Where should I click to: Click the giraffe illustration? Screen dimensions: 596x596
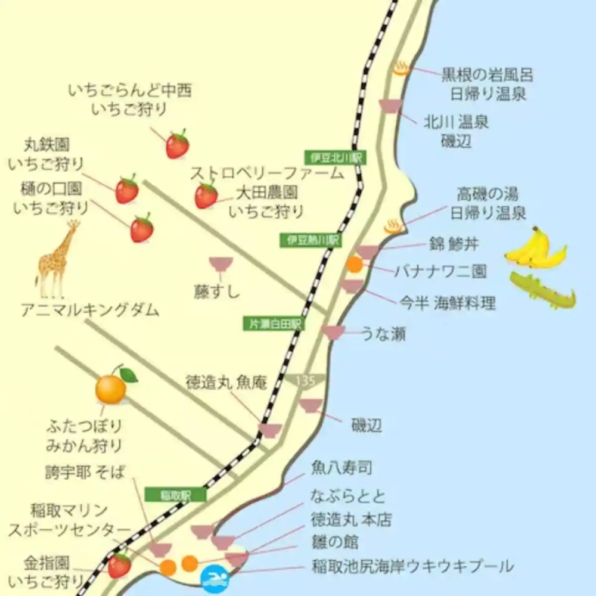point(57,259)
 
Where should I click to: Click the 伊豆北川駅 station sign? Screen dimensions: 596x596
point(336,158)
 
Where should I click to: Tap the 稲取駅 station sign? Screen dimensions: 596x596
point(175,495)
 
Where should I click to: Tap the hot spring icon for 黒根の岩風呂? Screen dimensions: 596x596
point(402,68)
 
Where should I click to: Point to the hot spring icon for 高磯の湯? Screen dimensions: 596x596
point(394,226)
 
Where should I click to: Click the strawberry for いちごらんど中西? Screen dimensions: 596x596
point(177,144)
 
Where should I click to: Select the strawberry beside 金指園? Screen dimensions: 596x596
point(119,565)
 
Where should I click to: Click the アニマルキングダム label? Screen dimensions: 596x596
point(89,311)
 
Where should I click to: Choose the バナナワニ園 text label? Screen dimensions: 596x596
point(440,272)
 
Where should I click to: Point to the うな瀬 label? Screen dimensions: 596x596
point(384,334)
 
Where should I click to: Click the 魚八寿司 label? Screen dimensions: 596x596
point(342,468)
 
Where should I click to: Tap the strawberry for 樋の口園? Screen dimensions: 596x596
point(142,229)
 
